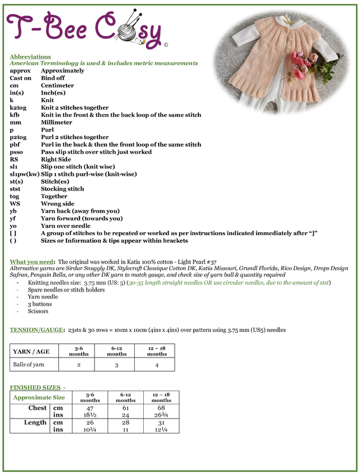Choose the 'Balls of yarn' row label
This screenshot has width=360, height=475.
pyautogui.click(x=31, y=365)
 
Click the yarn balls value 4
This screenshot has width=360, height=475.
pyautogui.click(x=157, y=365)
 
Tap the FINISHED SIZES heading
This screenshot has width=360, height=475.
pyautogui.click(x=36, y=387)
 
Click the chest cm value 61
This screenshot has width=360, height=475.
pyautogui.click(x=117, y=408)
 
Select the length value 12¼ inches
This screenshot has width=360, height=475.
pyautogui.click(x=157, y=430)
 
